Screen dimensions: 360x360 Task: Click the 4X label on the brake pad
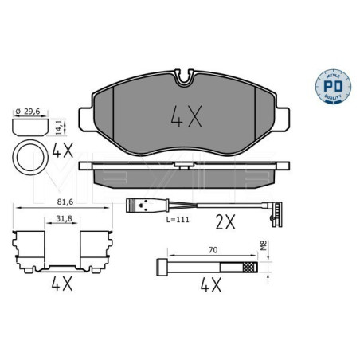[186, 116]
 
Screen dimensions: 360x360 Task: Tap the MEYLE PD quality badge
[333, 86]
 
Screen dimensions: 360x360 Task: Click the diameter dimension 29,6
[28, 112]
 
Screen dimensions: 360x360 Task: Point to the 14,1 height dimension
[59, 127]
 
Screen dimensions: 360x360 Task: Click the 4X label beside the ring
[63, 150]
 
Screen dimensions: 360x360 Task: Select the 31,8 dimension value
[64, 218]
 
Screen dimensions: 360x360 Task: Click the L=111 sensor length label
[178, 220]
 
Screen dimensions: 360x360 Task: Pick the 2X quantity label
[225, 222]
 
